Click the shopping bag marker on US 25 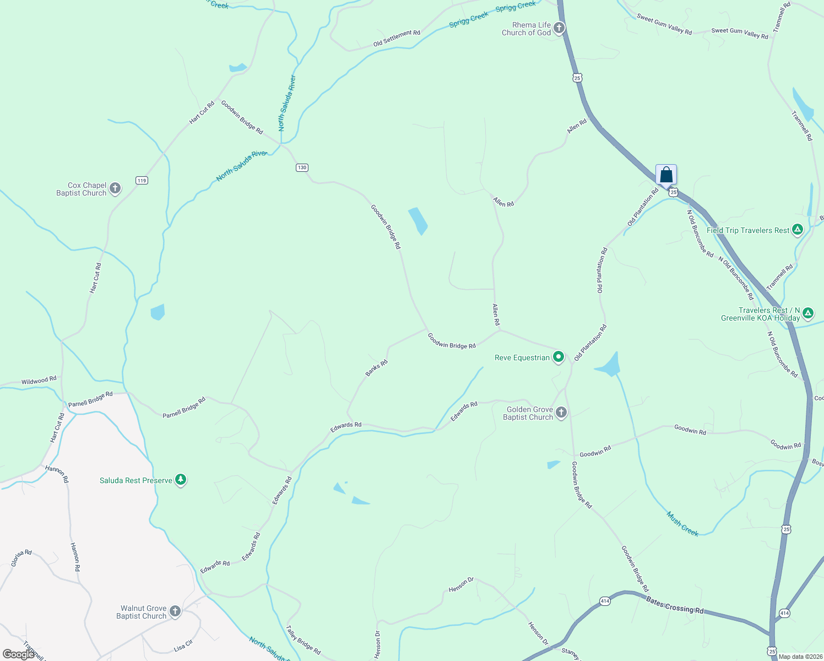(x=666, y=175)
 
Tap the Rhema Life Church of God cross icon (x=559, y=28)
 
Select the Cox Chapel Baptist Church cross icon (x=115, y=188)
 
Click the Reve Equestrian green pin (x=559, y=357)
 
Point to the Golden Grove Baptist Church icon (x=561, y=413)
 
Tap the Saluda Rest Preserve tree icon (x=181, y=480)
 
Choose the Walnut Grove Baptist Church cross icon (x=175, y=611)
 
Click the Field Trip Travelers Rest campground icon (x=797, y=230)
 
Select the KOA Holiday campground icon (x=808, y=313)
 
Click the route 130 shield (x=302, y=167)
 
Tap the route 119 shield (x=142, y=180)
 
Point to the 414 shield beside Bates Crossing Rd (x=605, y=601)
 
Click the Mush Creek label (x=682, y=524)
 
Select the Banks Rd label (x=377, y=368)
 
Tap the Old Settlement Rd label (x=397, y=38)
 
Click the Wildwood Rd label (x=39, y=381)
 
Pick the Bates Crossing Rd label (x=675, y=606)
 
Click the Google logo (x=19, y=654)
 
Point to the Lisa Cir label (x=183, y=646)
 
